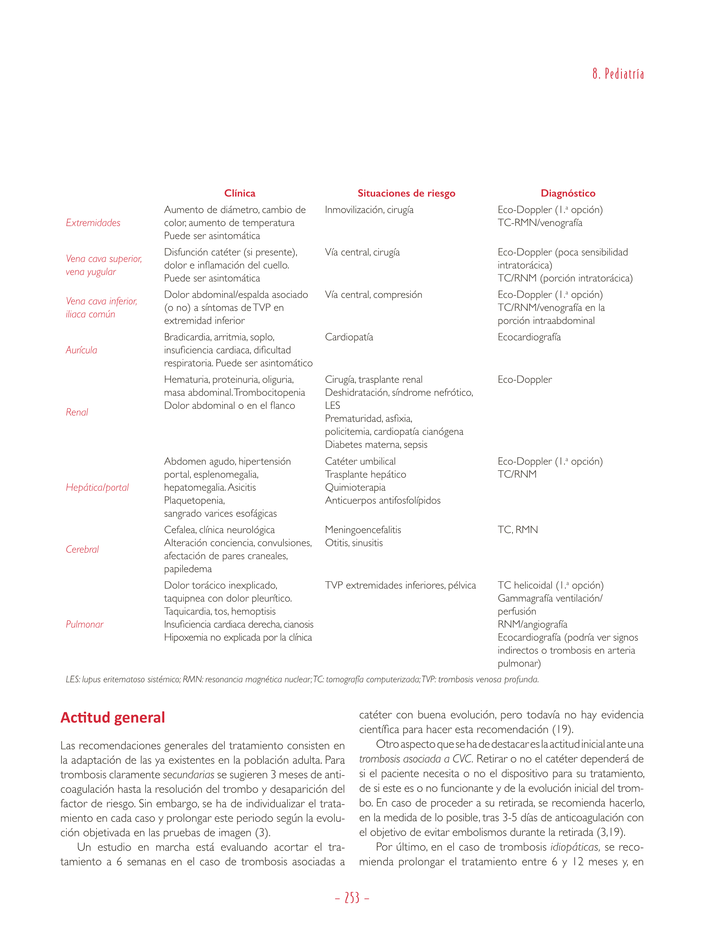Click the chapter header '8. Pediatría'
tap(618, 74)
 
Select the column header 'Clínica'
tap(240, 194)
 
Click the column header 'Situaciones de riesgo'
tap(406, 194)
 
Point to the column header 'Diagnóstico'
tap(568, 194)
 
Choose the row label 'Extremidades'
tap(93, 223)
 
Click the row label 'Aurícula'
tap(82, 350)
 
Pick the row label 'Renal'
tap(77, 412)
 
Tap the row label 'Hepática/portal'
tap(97, 487)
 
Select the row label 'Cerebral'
tap(82, 549)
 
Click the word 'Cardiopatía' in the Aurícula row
tap(349, 337)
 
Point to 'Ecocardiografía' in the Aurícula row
tap(529, 337)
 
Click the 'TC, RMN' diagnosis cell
tap(518, 530)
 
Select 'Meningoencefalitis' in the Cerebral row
tap(363, 530)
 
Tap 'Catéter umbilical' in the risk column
tap(360, 461)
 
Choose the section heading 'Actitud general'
tap(112, 718)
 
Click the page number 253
tap(352, 898)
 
